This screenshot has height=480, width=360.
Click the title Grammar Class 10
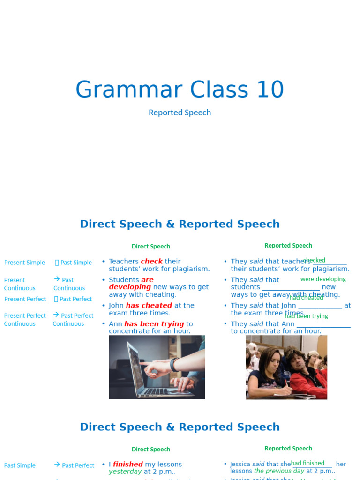pyautogui.click(x=180, y=90)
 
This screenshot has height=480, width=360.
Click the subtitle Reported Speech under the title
pyautogui.click(x=180, y=112)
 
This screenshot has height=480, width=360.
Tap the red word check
pyautogui.click(x=151, y=262)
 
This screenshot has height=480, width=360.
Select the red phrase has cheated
pyautogui.click(x=149, y=306)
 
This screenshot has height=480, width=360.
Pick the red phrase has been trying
pyautogui.click(x=154, y=324)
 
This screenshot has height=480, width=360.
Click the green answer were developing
pyautogui.click(x=323, y=279)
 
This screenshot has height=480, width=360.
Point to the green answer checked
pyautogui.click(x=314, y=260)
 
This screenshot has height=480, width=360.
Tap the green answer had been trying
pyautogui.click(x=306, y=316)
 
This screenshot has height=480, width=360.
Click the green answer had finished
pyautogui.click(x=307, y=463)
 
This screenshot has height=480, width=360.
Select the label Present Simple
pyautogui.click(x=24, y=263)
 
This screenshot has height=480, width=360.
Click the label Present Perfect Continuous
pyautogui.click(x=25, y=320)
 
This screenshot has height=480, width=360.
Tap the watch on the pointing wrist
pyautogui.click(x=174, y=365)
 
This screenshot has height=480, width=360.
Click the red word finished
pyautogui.click(x=127, y=465)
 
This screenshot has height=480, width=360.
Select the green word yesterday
pyautogui.click(x=125, y=472)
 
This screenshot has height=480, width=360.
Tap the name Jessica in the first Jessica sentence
pyautogui.click(x=240, y=464)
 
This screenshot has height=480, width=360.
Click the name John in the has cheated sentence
pyautogui.click(x=116, y=306)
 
